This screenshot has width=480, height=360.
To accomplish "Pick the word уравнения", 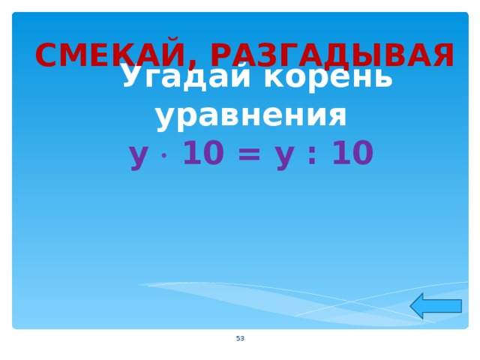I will [251, 116].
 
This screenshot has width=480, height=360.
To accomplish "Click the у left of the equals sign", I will [138, 155].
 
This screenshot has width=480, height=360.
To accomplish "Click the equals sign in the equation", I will [250, 155].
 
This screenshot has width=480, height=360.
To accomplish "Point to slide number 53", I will [240, 339].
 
